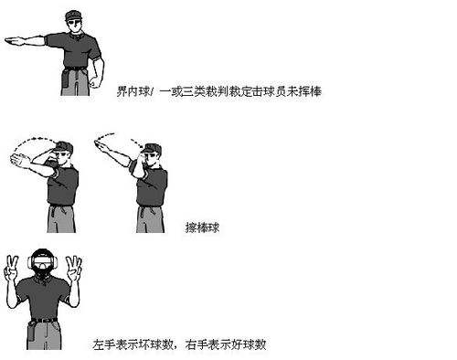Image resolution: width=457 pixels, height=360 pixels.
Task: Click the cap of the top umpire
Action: [78, 14]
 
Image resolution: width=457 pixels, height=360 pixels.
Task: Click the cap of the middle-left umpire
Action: [62, 146]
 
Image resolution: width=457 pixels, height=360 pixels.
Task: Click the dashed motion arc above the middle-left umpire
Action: [41, 140]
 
